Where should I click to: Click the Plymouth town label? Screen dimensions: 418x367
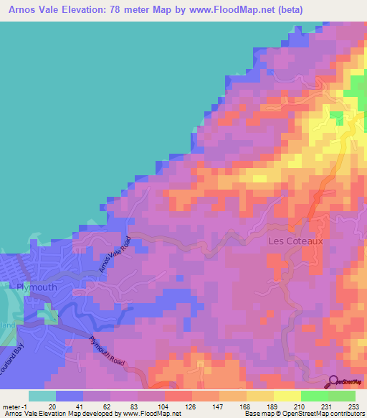tap(36, 287)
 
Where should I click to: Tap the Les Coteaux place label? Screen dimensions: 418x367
tap(295, 241)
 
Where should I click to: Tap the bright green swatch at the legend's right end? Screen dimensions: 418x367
tap(341, 396)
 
